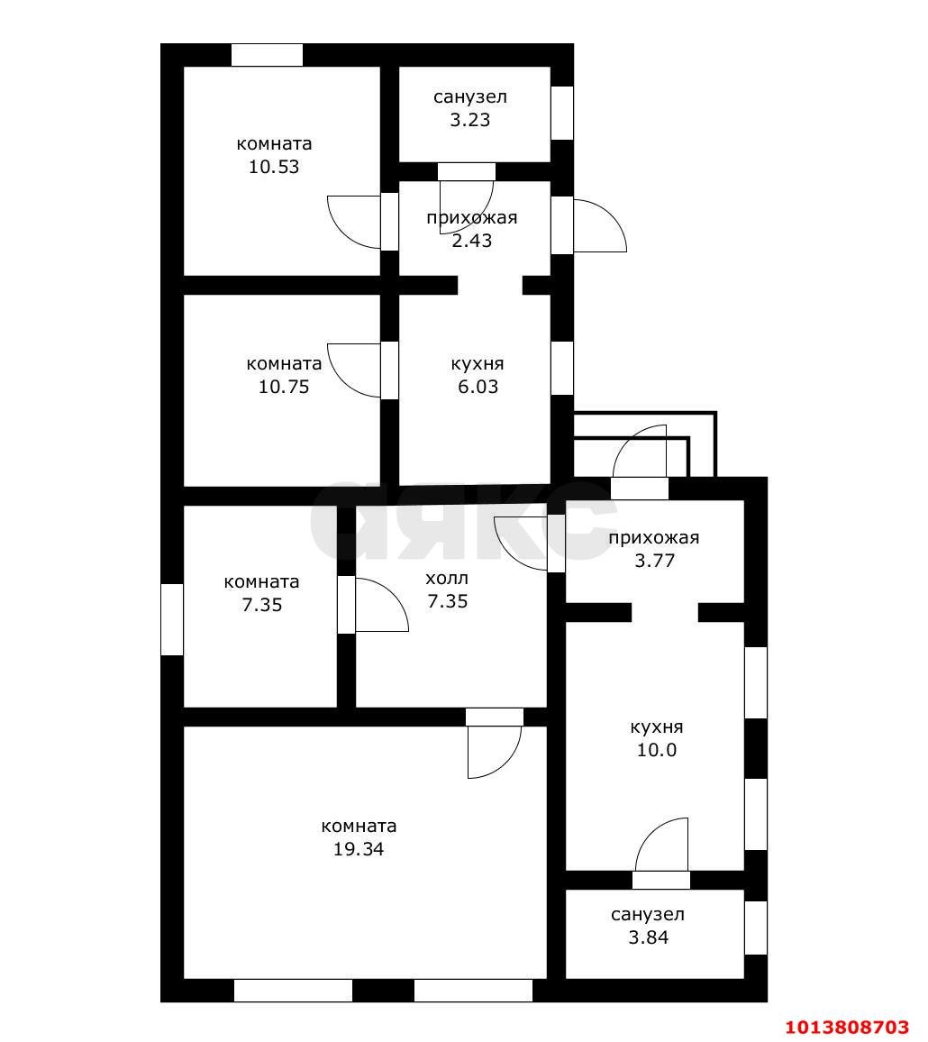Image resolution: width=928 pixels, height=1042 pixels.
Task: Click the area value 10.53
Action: [x=274, y=167]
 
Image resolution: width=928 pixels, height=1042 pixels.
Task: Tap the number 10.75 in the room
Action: [x=284, y=387]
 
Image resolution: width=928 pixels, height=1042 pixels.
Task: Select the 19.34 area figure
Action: [x=359, y=849]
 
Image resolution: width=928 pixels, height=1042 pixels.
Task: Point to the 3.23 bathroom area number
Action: [x=470, y=120]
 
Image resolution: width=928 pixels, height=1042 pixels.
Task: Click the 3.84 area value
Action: [x=649, y=937]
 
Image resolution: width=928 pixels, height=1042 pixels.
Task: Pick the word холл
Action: [x=447, y=578]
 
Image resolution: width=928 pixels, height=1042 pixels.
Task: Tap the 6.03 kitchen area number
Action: [x=478, y=387]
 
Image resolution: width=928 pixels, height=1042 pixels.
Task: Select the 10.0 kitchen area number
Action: [x=657, y=750]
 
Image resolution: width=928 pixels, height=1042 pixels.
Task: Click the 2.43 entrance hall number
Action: [x=471, y=241]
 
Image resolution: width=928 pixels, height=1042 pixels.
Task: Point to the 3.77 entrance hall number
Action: [x=655, y=561]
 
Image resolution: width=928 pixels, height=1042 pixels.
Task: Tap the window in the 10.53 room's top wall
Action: [x=267, y=55]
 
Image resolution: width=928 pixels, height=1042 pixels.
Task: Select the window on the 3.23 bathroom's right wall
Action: [x=562, y=113]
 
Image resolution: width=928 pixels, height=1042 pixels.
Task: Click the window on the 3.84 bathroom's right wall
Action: [x=756, y=928]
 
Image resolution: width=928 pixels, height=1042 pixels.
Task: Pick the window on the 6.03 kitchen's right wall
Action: [x=562, y=368]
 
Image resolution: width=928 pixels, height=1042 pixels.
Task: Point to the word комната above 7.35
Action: [x=261, y=582]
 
